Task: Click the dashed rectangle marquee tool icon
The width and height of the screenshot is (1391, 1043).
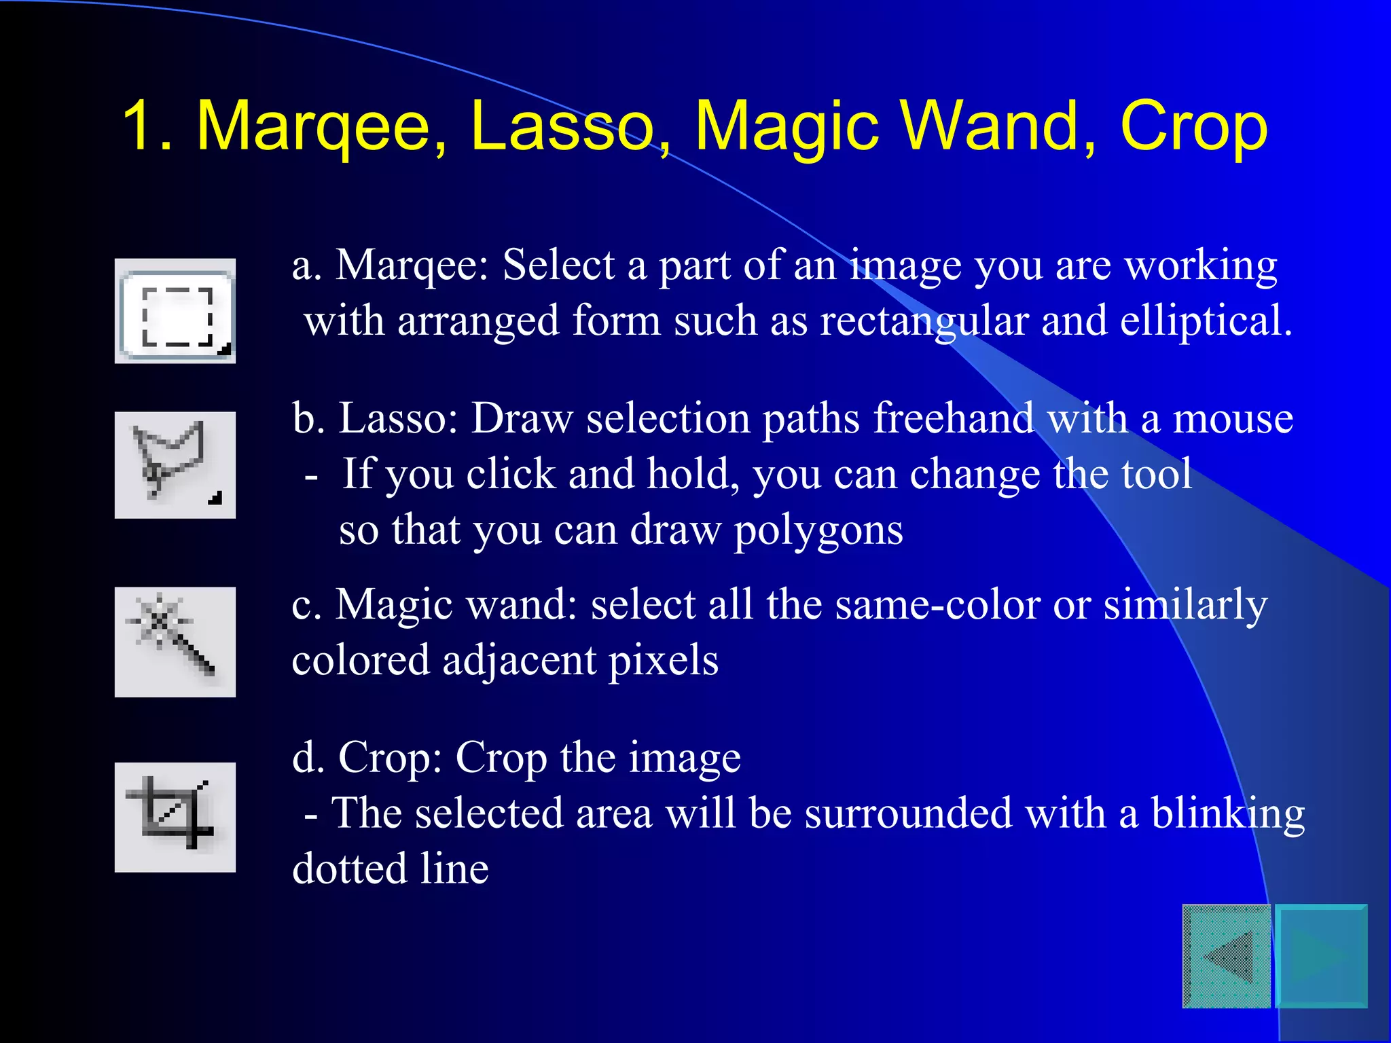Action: [x=175, y=312]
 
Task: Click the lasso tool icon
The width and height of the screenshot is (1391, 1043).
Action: [x=175, y=464]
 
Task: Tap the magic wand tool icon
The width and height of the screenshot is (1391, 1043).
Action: [x=175, y=641]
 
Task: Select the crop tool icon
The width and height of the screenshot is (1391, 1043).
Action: [x=175, y=816]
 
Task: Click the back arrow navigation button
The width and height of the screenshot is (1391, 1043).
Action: [x=1227, y=956]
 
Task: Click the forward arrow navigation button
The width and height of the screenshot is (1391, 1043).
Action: [x=1322, y=956]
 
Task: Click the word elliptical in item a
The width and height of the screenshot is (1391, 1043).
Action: [x=1206, y=322]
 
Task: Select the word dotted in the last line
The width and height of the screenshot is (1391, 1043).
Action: [x=349, y=869]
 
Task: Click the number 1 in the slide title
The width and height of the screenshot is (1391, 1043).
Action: [x=139, y=126]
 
